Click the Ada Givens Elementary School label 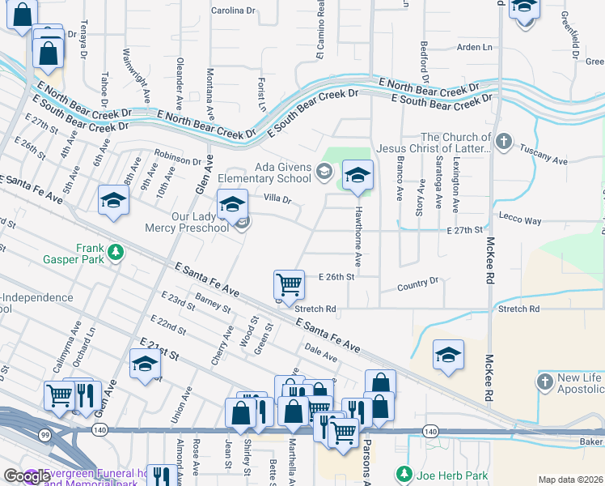point(282,173)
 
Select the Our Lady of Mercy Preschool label point(188,222)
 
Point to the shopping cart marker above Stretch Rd point(289,285)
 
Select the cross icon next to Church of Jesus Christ point(504,143)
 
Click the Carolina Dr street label point(233,11)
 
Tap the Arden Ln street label point(474,47)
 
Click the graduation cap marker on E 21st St point(145,365)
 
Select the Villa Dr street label point(277,199)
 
